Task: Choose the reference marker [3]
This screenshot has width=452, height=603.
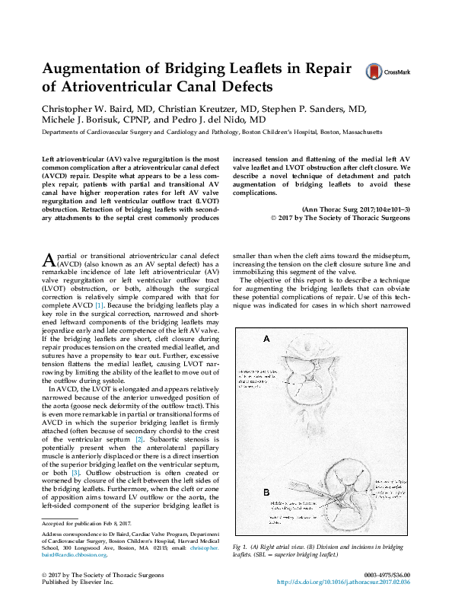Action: (x=75, y=474)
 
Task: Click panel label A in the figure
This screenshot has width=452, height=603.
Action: (x=265, y=338)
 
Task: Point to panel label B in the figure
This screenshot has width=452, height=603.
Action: (x=265, y=493)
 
